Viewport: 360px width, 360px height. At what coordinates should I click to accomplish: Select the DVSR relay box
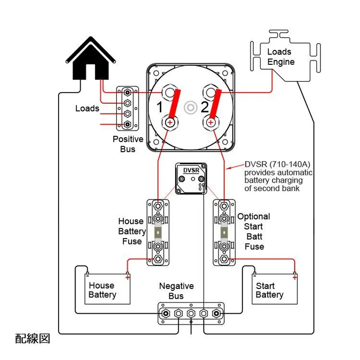point(191,179)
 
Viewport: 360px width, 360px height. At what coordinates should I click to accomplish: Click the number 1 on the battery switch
point(159,108)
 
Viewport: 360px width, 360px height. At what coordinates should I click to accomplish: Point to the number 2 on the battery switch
point(205,108)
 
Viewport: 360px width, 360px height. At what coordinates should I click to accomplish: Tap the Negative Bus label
point(176,291)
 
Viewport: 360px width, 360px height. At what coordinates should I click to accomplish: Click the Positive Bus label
point(128,144)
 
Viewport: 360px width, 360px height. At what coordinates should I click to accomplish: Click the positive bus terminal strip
point(128,108)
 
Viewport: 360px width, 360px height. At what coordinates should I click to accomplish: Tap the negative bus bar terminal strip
point(191,313)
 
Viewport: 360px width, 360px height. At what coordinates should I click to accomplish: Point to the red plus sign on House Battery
point(128,277)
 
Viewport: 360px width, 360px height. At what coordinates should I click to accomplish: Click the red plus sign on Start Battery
point(295,277)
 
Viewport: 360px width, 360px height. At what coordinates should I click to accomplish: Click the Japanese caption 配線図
point(32,338)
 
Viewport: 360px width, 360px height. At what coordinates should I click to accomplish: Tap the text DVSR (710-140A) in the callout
point(279,164)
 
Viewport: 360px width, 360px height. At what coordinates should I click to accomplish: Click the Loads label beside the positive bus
point(87,108)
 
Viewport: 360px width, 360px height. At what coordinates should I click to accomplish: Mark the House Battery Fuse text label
point(131,231)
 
